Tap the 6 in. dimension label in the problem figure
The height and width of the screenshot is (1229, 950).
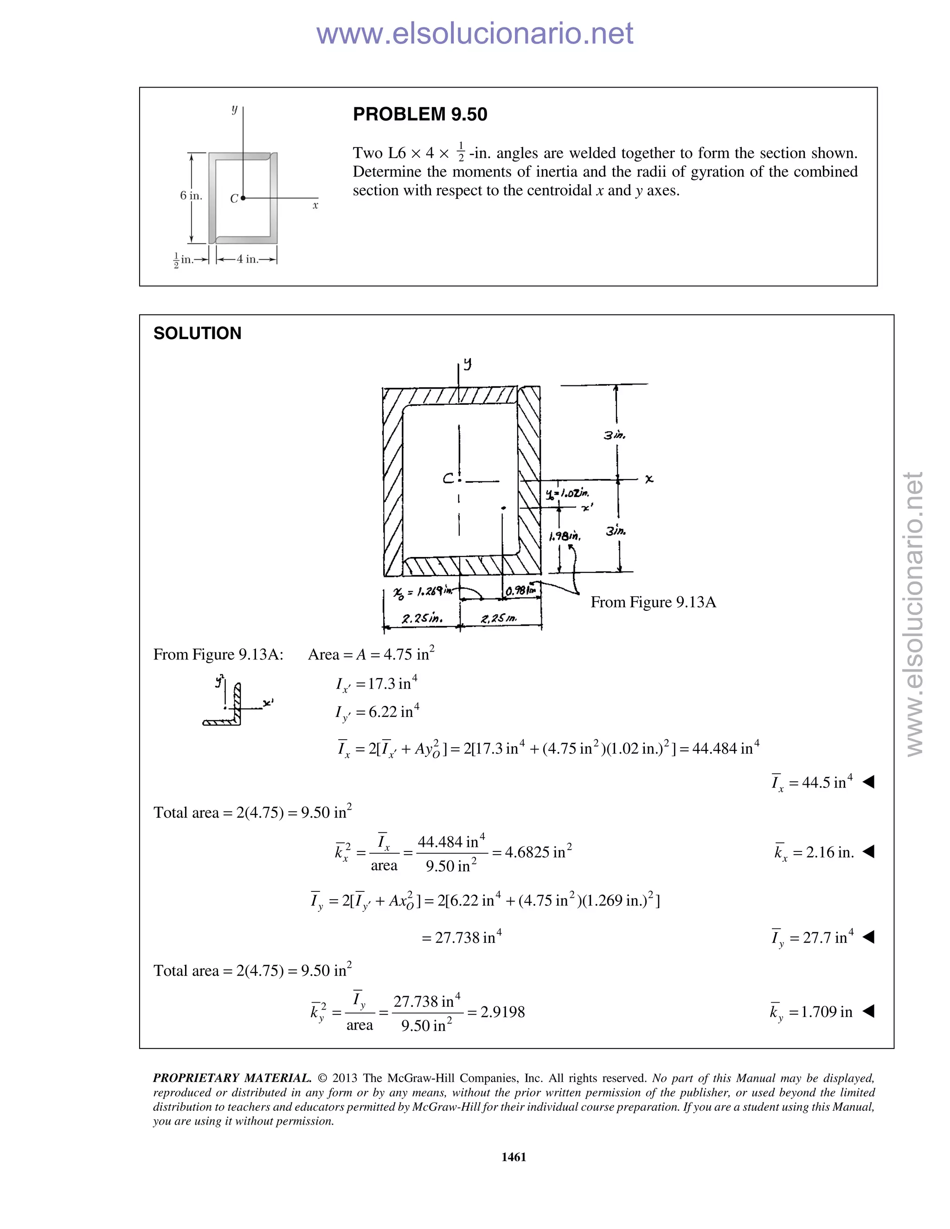191,196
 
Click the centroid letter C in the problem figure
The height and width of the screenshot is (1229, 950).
234,198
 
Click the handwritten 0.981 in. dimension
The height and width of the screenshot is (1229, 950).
520,590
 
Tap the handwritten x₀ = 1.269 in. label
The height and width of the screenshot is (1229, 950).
423,591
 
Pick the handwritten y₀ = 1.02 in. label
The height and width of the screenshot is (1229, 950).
567,493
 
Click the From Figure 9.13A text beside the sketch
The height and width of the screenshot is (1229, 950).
653,602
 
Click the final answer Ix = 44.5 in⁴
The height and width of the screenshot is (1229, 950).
812,782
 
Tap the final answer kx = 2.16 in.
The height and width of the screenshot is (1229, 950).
814,852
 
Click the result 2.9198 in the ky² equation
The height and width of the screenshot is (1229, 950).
502,1012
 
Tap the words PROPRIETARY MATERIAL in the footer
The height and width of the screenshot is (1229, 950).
232,1078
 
